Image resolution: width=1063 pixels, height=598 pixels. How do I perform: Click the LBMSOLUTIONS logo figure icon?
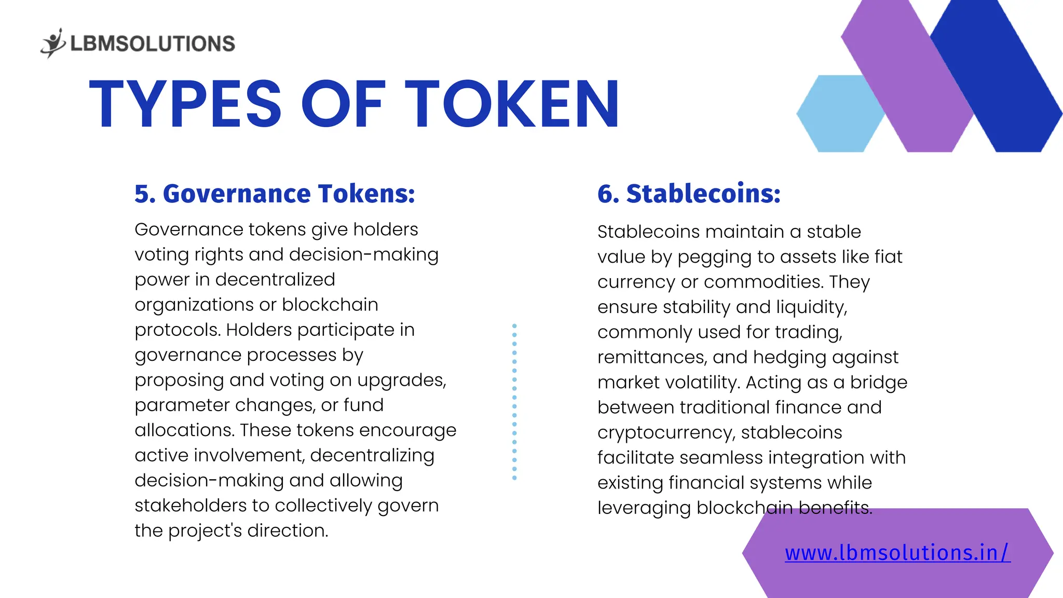click(53, 43)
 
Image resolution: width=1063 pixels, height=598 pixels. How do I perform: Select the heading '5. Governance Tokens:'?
click(275, 194)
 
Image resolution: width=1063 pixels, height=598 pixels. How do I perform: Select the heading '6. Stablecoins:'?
click(689, 194)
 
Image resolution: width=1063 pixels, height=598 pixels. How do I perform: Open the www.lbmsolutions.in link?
click(897, 553)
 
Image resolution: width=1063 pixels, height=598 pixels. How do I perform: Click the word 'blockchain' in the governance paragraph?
click(330, 305)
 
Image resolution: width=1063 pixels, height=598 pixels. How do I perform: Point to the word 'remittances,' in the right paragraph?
click(652, 357)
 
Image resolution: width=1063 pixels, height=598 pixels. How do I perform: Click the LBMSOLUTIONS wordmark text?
click(153, 44)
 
